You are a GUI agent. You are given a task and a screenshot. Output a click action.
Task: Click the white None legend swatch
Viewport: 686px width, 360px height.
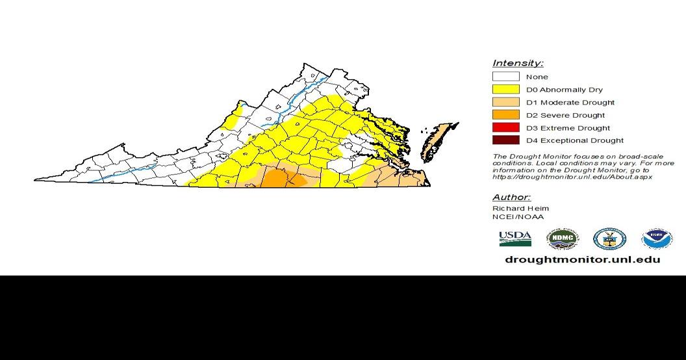coord(505,77)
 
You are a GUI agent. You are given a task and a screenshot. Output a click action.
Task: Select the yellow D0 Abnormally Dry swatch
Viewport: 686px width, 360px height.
coord(505,90)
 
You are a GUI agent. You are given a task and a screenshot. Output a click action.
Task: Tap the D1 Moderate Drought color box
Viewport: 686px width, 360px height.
coord(505,102)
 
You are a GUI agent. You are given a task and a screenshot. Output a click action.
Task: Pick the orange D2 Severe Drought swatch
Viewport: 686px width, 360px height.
coord(505,115)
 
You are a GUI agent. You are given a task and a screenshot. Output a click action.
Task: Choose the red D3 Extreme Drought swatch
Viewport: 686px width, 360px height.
coord(505,127)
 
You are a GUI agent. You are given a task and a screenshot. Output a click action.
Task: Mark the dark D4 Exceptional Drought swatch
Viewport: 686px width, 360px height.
coord(505,140)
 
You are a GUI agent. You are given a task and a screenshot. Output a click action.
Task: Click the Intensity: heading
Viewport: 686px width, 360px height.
coord(518,63)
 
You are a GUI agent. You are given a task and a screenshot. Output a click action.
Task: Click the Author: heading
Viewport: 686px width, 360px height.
coord(511,197)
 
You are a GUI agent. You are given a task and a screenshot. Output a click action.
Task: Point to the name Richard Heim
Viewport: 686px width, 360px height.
coord(520,208)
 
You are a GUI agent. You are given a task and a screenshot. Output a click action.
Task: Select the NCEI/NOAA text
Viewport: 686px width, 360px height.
coord(518,217)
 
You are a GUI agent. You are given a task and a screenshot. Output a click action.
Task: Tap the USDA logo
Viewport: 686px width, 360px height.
coord(515,238)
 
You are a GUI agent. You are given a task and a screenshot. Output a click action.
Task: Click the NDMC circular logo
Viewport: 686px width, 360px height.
coord(562,239)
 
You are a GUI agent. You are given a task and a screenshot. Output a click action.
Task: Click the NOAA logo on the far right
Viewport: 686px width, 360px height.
coord(657,239)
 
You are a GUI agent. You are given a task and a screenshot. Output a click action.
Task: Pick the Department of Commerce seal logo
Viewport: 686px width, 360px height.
coord(609,239)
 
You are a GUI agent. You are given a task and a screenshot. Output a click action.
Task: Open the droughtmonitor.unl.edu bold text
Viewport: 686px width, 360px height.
coord(582,259)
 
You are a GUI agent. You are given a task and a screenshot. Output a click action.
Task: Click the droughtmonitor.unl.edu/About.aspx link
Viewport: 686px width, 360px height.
coord(572,177)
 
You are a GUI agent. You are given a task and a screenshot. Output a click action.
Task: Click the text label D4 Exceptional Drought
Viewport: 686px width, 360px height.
coord(575,140)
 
